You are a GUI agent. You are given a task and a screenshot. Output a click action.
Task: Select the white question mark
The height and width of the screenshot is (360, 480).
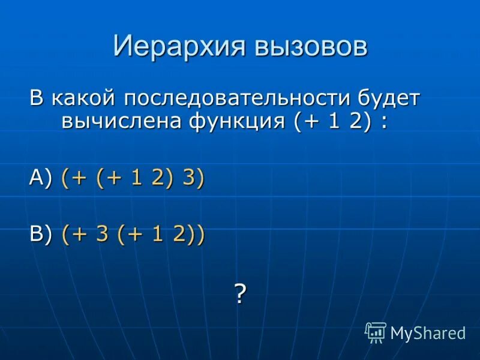(240, 294)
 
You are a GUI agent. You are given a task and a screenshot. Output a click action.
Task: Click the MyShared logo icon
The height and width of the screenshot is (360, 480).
(376, 332)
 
